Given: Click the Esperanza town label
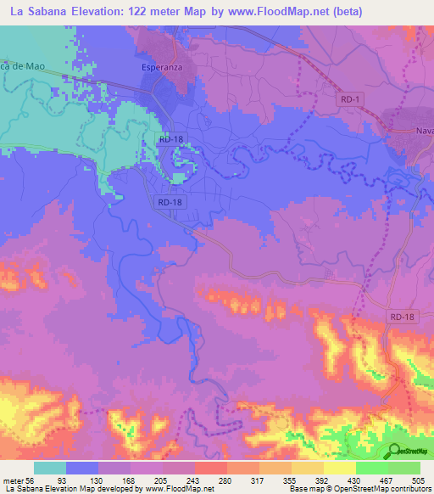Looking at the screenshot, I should (x=162, y=66).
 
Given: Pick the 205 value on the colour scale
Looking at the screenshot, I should (x=173, y=480).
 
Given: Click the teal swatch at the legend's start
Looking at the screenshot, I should (x=50, y=468).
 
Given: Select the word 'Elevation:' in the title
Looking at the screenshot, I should (x=105, y=12).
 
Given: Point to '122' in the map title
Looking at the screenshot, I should (x=149, y=12).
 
